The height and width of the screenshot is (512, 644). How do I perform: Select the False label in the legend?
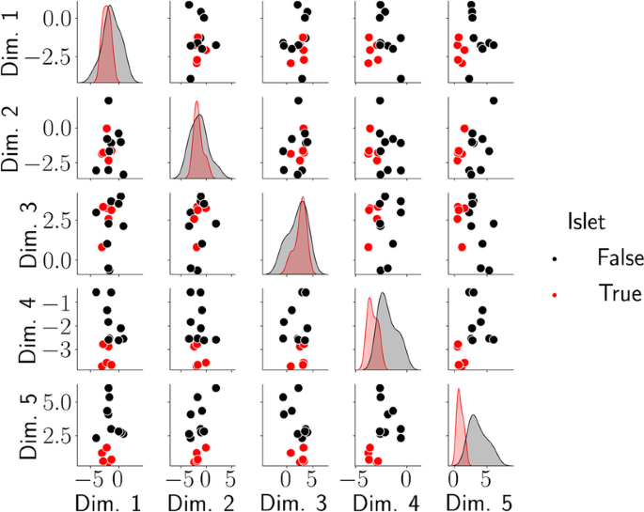pyautogui.click(x=618, y=256)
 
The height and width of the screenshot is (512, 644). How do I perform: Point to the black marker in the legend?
pyautogui.click(x=556, y=256)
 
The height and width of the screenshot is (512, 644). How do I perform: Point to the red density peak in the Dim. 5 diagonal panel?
pyautogui.click(x=458, y=390)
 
